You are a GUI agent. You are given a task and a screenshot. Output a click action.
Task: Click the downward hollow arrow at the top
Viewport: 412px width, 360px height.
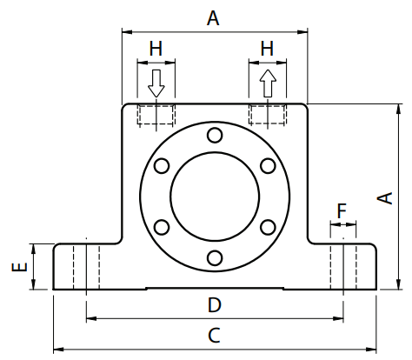tap(156, 83)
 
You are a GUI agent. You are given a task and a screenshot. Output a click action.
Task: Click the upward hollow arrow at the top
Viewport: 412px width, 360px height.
tap(268, 83)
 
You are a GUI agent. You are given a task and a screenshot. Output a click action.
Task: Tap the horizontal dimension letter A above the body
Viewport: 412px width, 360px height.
tap(213, 18)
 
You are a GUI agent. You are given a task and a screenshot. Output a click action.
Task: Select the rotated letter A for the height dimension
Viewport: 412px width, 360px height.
tap(385, 198)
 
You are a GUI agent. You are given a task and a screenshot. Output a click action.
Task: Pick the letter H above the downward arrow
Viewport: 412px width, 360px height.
tap(156, 49)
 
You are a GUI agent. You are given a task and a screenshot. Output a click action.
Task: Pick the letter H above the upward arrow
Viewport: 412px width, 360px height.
tap(267, 49)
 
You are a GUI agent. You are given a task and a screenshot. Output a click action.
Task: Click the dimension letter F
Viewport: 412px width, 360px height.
tap(342, 210)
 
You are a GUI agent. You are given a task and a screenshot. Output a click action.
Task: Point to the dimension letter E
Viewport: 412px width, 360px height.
tap(19, 267)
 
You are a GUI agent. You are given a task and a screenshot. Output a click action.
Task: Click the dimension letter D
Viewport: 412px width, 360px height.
tap(215, 305)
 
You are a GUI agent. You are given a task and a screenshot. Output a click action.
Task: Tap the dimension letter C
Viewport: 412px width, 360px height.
tap(214, 336)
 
